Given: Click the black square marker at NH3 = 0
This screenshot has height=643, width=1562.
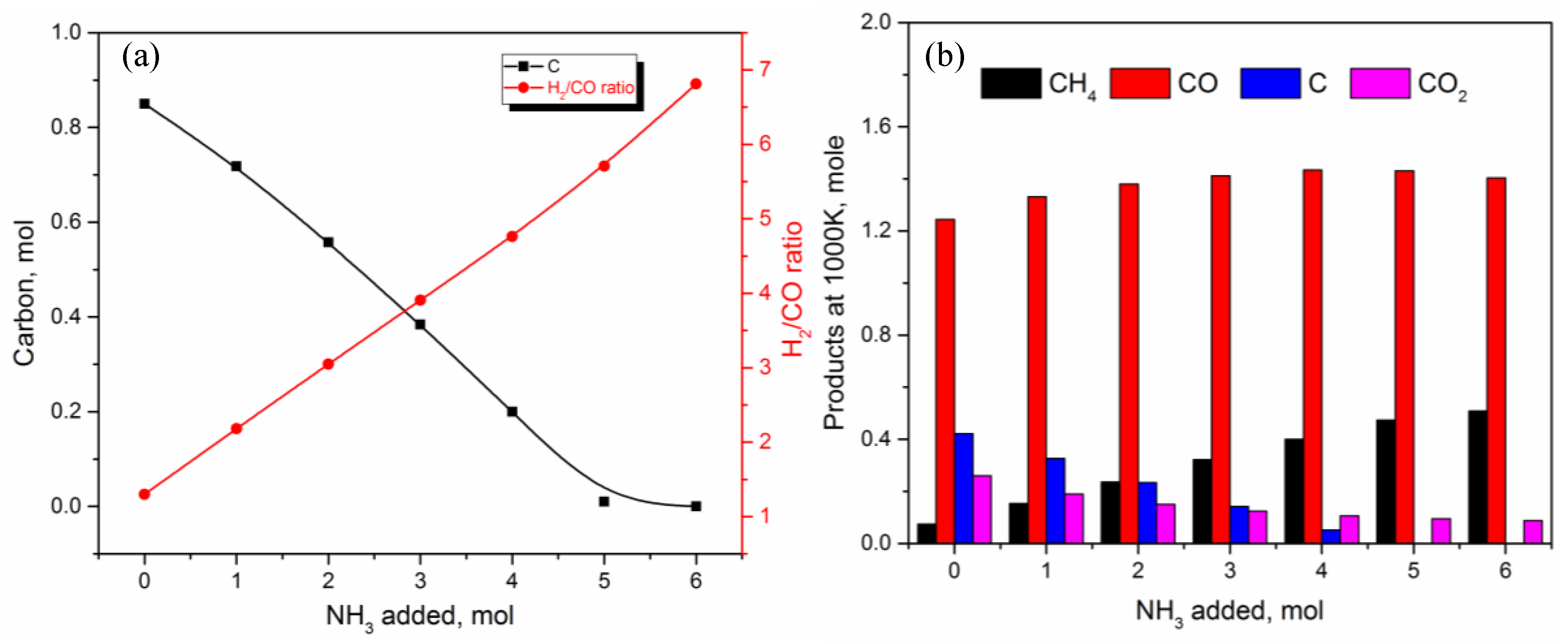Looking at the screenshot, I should click(x=144, y=104).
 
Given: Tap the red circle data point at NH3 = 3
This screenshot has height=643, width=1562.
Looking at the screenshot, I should click(x=419, y=300).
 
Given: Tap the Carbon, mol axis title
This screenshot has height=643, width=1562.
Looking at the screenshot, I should click(x=24, y=292).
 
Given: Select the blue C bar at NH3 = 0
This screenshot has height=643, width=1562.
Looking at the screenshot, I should click(x=964, y=488).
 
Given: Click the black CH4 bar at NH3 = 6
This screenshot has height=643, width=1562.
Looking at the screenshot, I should click(x=1477, y=477).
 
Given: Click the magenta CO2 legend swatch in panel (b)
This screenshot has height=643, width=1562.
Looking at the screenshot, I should click(x=1380, y=83).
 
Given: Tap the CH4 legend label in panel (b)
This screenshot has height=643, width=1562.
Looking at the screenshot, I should click(x=1072, y=84).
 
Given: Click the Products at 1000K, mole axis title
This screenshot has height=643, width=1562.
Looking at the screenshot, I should click(x=834, y=283).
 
